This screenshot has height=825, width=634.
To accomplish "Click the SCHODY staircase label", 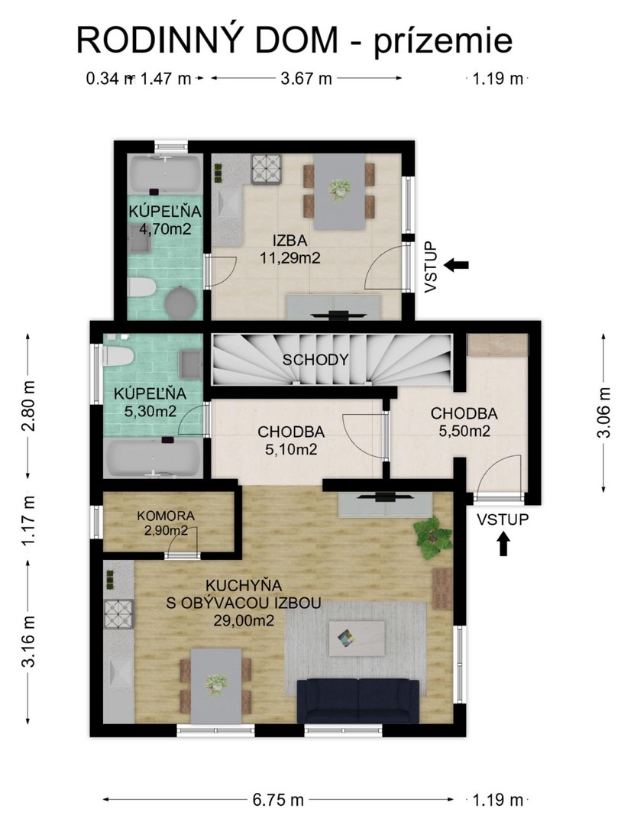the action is click(315, 360).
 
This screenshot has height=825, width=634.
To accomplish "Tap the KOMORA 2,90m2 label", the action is click(166, 523).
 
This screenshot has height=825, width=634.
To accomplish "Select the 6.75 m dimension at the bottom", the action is click(278, 800).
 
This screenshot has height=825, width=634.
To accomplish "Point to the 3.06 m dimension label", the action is click(605, 413).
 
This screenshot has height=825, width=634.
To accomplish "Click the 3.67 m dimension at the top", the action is click(307, 79).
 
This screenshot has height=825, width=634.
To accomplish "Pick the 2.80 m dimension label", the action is click(28, 406).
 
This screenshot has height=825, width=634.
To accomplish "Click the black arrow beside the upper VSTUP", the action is click(456, 265).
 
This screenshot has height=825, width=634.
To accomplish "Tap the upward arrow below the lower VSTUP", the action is click(503, 544).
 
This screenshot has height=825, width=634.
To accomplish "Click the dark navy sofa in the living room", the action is click(358, 700).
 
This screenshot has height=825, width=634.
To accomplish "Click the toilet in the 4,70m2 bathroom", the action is click(142, 288).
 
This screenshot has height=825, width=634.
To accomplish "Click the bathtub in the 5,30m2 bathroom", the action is click(153, 458).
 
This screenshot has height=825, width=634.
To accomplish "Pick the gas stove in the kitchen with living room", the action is click(119, 614).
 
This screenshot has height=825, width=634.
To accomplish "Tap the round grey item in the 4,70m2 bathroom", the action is click(180, 303).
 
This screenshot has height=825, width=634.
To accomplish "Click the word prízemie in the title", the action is click(444, 41).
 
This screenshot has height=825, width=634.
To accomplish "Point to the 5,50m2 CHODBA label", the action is click(464, 422).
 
